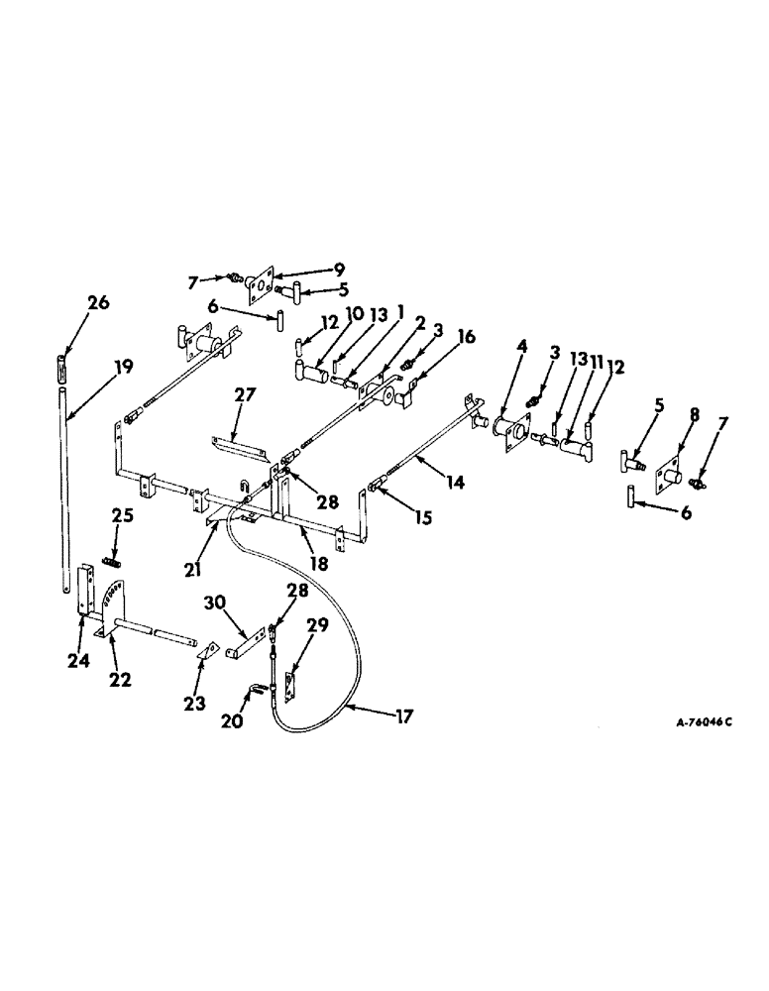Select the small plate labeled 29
(x=289, y=688)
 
